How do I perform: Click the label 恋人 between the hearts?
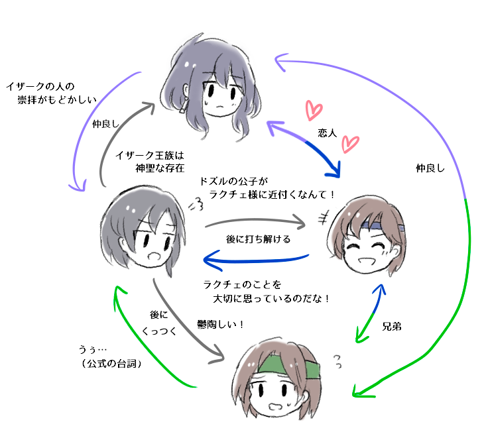click(328, 133)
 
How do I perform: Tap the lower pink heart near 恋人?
click(349, 143)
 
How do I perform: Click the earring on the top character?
click(183, 108)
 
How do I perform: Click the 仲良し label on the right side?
click(429, 168)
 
